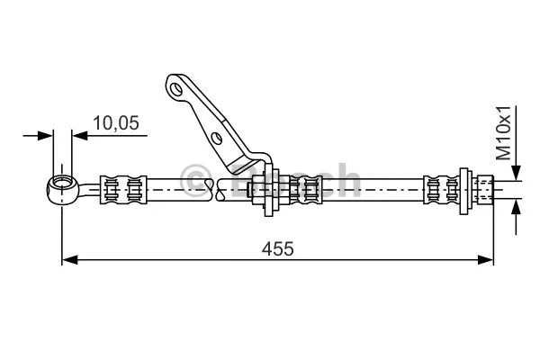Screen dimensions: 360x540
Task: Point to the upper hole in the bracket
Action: [x=176, y=89]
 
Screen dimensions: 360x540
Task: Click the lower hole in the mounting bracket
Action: [x=215, y=138]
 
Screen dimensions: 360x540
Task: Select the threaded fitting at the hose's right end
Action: [x=485, y=188]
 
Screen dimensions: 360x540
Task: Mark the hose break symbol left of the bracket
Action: [x=212, y=188]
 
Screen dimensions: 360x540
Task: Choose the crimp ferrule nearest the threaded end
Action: [x=440, y=188]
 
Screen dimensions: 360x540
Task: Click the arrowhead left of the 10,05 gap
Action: [x=47, y=136]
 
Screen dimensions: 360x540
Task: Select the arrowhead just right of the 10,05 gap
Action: [x=78, y=136]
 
